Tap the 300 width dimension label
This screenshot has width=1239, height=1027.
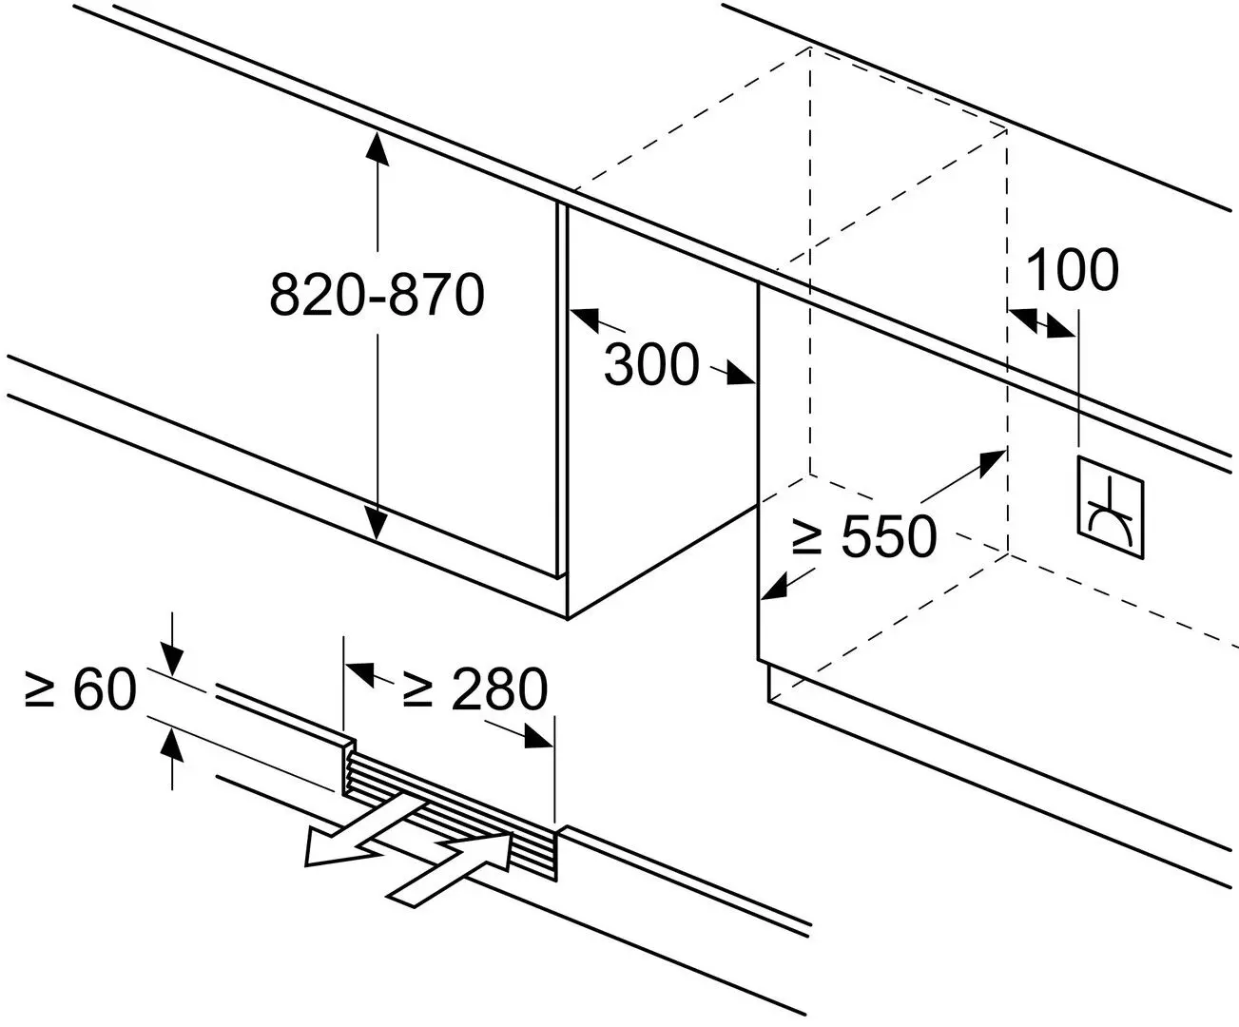[652, 364]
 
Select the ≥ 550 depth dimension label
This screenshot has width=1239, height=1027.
[863, 537]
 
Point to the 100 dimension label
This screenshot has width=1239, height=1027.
[1072, 270]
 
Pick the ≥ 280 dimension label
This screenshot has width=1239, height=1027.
[474, 689]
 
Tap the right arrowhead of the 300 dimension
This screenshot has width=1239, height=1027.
[742, 377]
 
